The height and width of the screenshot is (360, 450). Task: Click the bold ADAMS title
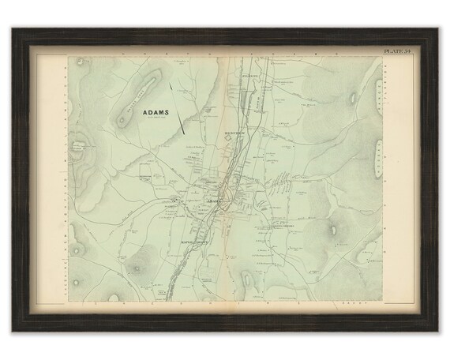(x=155, y=112)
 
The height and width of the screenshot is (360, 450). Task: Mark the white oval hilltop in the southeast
(x=336, y=230)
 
